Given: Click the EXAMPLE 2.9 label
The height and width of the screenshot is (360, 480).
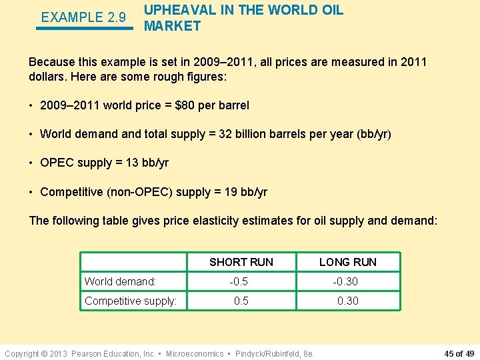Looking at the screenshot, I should tap(83, 17).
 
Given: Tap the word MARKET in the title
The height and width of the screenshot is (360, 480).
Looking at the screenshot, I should tap(172, 26).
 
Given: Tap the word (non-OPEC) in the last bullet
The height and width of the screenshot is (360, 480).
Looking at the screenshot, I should tap(133, 192).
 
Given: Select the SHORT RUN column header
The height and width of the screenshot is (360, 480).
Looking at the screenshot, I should tap(241, 262).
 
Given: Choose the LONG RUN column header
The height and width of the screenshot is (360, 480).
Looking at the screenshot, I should tap(347, 262).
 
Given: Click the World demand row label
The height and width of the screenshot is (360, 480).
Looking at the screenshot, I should tap(120, 282).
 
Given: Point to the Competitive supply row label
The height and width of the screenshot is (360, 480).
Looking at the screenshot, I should tap(131, 301).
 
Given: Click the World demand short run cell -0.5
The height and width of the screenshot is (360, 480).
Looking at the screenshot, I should tap(239, 282).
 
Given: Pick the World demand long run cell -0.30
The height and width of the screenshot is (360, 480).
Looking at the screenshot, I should tap(345, 282).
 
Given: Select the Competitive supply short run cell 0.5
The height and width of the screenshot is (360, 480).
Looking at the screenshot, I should tap(241, 301).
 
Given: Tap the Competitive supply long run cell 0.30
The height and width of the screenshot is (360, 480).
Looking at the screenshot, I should tap(347, 301).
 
